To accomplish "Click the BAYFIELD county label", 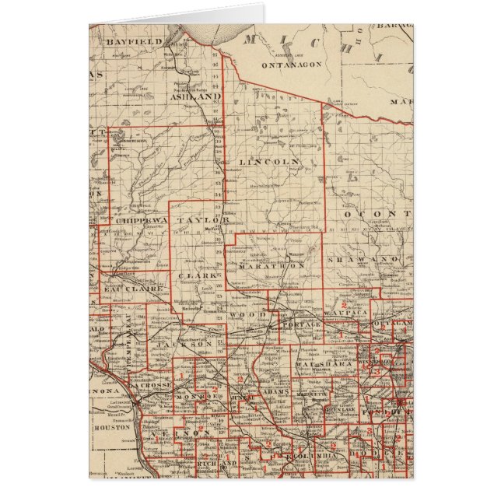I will point(134,40).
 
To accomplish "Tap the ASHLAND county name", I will point(195,97).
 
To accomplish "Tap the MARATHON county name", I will point(276,265).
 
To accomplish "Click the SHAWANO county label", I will point(362,258).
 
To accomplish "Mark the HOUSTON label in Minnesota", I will point(107,427).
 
